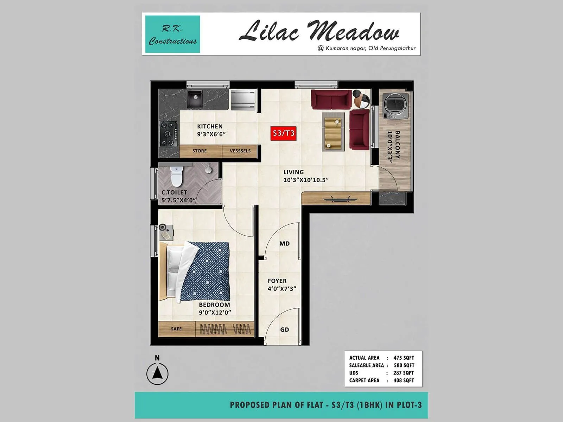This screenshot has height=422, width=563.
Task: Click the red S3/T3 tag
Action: (283, 133)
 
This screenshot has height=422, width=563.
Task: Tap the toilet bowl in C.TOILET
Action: (176, 177)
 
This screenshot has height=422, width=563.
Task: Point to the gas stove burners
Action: (169, 134)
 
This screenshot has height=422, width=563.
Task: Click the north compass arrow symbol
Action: (157, 373)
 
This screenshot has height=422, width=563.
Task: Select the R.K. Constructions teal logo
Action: (172, 34)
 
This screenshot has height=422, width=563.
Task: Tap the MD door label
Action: (284, 244)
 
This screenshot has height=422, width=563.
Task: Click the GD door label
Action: (284, 330)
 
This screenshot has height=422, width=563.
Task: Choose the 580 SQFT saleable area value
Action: (404, 365)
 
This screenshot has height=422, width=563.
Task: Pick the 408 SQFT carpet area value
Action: (404, 381)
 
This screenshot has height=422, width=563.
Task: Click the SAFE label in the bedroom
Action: (176, 329)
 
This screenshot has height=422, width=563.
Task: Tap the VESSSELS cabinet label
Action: (240, 151)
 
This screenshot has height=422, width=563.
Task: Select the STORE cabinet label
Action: (200, 151)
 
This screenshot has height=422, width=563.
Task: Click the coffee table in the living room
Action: (333, 132)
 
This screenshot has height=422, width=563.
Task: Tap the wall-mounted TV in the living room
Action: (336, 199)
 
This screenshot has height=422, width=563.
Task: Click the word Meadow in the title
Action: (354, 32)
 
